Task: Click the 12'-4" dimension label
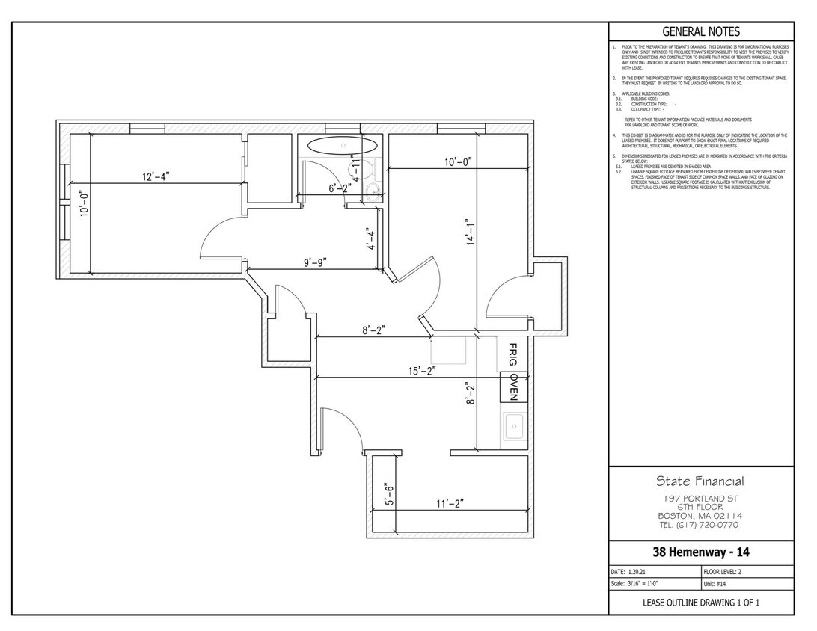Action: click(x=156, y=176)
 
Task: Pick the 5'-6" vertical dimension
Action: click(x=390, y=495)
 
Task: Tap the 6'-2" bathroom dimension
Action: click(x=340, y=189)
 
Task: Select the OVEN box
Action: click(x=514, y=387)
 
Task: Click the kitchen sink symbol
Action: click(x=513, y=428)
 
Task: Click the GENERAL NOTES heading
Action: click(x=701, y=31)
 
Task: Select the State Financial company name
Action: click(x=700, y=481)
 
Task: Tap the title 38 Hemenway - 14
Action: click(x=700, y=553)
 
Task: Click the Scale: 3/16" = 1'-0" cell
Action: click(x=636, y=584)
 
